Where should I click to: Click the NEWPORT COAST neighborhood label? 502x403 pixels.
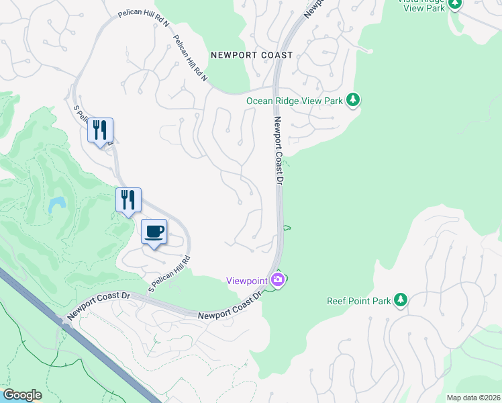tap(252, 55)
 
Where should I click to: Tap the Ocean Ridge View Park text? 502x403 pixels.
tap(295, 101)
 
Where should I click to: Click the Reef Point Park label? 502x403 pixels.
tap(358, 302)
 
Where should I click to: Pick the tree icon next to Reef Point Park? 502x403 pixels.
tap(401, 300)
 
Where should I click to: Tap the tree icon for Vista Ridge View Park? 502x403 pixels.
tap(455, 3)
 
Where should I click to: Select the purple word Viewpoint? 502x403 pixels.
tap(246, 280)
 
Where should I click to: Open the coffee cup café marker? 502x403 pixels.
tap(154, 232)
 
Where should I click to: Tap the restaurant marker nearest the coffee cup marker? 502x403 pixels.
tap(128, 200)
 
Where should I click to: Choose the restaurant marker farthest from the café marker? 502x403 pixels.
tap(100, 130)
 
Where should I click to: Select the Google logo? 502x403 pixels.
tap(21, 395)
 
